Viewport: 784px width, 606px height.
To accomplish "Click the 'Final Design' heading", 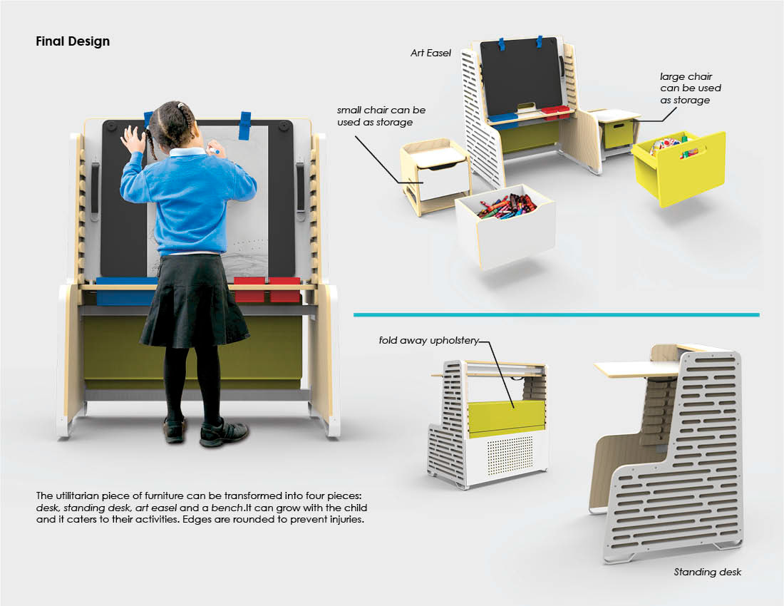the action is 73,41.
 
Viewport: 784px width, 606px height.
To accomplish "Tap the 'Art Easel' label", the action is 430,53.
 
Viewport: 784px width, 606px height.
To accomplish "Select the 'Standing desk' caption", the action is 707,572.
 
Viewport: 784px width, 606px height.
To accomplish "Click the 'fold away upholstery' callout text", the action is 428,341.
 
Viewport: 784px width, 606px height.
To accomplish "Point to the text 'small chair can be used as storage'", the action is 381,116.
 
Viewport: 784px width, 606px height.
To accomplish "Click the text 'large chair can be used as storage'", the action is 690,88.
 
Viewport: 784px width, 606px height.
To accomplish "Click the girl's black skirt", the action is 194,300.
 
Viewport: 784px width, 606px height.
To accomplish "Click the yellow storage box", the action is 680,168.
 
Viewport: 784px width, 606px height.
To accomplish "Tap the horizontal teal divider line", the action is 557,315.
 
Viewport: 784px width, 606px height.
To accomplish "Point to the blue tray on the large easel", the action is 125,291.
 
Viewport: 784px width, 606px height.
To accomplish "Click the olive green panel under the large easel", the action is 192,352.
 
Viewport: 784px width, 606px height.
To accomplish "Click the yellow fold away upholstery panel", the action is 506,416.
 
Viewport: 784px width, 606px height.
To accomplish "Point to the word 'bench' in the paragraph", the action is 227,508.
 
